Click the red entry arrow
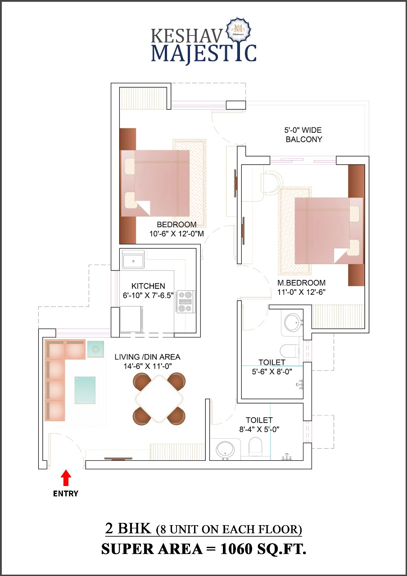point(66,477)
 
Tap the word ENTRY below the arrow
point(66,494)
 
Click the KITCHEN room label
point(148,286)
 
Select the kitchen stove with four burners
point(186,301)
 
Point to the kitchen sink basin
point(133,261)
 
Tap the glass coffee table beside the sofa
point(85,390)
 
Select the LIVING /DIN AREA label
point(147,357)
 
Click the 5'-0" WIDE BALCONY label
point(304,135)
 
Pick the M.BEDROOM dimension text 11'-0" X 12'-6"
point(302,292)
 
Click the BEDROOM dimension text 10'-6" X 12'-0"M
point(177,234)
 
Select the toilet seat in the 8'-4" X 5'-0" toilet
point(255,447)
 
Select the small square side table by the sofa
point(95,349)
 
